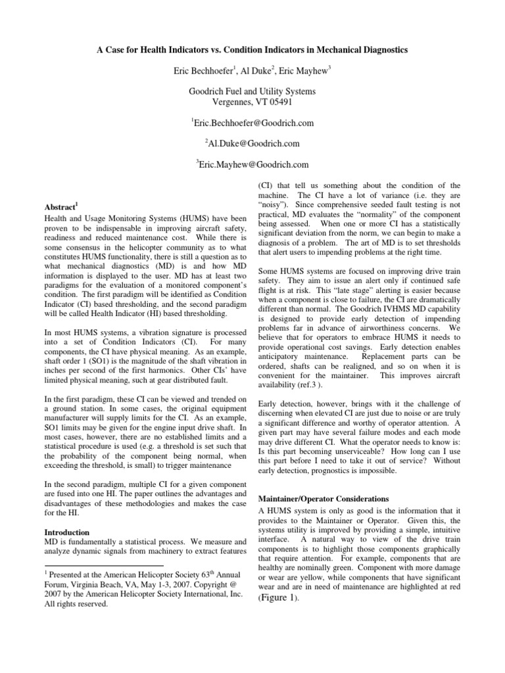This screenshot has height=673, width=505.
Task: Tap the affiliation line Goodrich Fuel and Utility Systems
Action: [252, 91]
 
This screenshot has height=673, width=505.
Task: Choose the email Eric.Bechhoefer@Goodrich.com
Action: [253, 123]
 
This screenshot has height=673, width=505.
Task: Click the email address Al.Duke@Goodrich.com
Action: [253, 143]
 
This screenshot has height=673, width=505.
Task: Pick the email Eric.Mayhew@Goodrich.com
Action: [253, 164]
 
